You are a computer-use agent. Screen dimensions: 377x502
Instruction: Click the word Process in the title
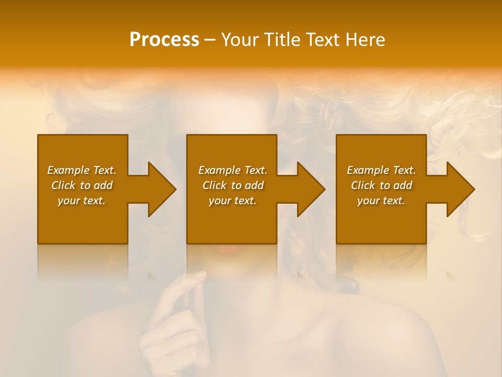164,40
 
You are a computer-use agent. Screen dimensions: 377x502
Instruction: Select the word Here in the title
364,40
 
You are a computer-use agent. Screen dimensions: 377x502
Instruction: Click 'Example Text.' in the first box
82,170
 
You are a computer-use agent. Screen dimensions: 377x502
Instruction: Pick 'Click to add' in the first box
82,185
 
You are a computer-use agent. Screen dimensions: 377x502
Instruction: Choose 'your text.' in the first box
82,201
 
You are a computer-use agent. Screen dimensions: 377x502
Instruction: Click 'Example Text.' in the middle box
232,170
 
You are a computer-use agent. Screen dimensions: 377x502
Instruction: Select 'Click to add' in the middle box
232,185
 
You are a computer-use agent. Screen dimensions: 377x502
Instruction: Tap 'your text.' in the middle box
232,201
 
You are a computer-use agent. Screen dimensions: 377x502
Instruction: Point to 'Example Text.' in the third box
381,170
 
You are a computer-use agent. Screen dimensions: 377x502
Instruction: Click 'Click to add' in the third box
381,185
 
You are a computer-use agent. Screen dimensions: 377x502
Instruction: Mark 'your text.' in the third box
381,201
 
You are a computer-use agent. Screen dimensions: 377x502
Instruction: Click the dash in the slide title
210,40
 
